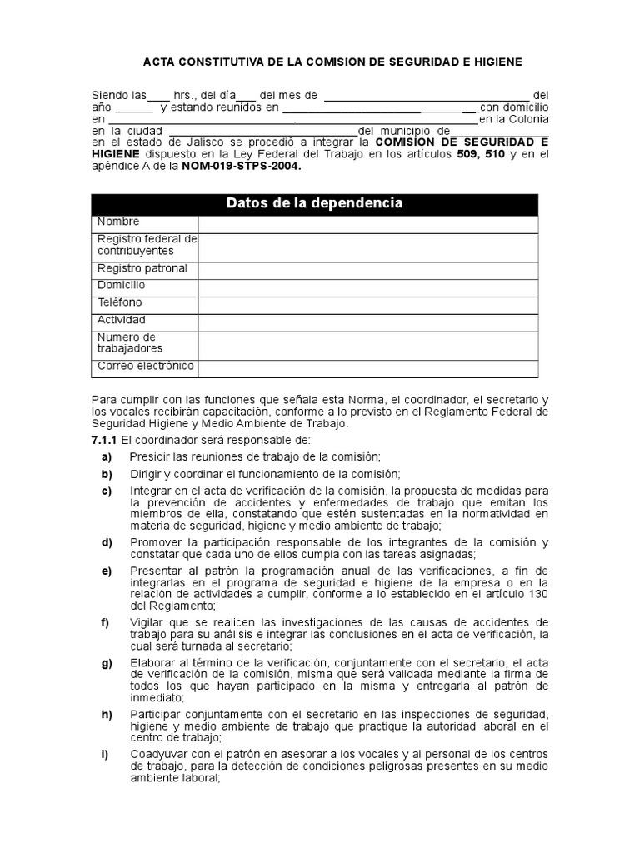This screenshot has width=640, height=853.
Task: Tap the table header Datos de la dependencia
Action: point(314,203)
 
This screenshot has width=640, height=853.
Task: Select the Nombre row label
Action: point(118,222)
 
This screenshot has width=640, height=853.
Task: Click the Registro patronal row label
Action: point(142,268)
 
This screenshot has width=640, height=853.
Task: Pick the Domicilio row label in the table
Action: point(121,286)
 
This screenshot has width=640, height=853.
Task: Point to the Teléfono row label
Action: point(119,302)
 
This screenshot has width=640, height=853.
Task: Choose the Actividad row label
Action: point(121,320)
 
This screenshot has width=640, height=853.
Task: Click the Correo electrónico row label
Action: point(145,366)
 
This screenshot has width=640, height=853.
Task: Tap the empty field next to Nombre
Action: point(367,223)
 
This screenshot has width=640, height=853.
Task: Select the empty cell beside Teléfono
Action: point(367,303)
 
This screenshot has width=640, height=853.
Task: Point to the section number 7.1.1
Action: point(104,439)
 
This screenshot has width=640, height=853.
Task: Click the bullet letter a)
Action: point(107,456)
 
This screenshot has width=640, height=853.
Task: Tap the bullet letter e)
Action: point(107,570)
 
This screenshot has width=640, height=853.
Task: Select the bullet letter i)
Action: point(106,754)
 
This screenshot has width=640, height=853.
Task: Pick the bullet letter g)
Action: point(107,662)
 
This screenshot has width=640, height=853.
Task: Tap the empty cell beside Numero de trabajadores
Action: point(367,342)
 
